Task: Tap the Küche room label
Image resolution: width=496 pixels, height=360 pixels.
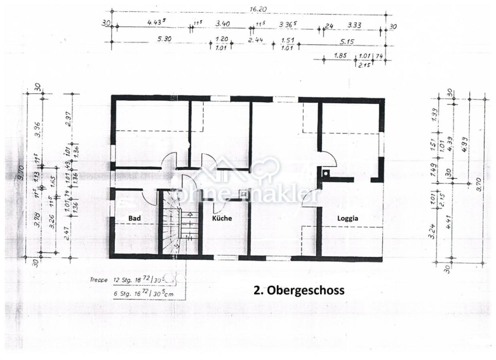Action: coord(222,218)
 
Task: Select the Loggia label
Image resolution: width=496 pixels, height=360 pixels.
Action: coord(347,218)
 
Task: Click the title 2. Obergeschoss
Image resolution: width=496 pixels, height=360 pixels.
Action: coord(299,290)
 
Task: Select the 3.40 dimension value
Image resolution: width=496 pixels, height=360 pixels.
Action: coord(222,24)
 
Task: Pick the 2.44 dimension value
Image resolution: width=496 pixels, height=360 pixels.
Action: coord(255,40)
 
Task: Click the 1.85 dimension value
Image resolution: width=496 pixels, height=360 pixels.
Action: coord(340,56)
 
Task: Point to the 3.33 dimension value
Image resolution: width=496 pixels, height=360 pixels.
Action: coord(354,25)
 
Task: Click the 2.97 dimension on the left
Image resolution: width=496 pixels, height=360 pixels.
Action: coord(70,118)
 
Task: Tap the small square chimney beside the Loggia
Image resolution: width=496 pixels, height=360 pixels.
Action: coord(326,173)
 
